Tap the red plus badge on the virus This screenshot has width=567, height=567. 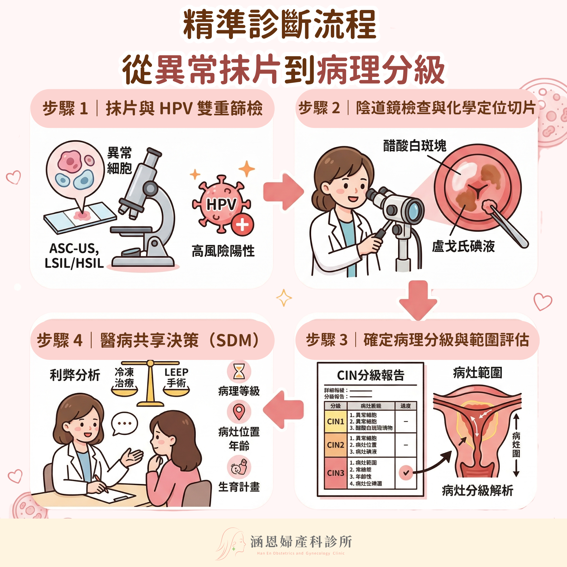242,225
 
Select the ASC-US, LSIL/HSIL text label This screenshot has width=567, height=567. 74,256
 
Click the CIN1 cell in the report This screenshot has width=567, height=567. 336,421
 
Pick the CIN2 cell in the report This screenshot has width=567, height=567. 336,445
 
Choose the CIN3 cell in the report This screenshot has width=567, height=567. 336,473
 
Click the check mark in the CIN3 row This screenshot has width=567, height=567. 406,473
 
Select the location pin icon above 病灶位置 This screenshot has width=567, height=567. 239,412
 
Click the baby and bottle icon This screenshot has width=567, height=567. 239,467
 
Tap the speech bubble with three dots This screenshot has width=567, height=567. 124,423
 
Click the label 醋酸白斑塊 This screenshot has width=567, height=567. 415,146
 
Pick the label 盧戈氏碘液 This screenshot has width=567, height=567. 463,246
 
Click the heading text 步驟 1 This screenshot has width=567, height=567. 65,108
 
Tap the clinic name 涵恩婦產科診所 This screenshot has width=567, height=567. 301,542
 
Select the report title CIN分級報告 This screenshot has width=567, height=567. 371,375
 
